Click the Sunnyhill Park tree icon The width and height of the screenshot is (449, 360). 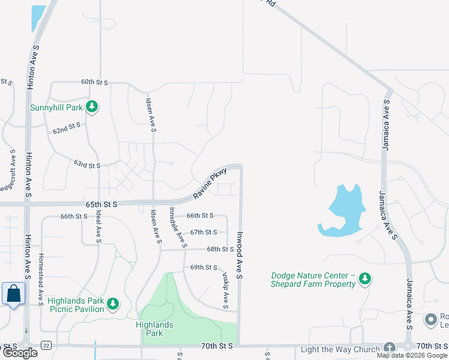tap(91, 107)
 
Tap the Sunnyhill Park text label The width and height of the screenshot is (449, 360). tap(57, 108)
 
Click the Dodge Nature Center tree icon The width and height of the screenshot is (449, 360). tap(364, 279)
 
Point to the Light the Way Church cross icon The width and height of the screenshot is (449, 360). tap(390, 348)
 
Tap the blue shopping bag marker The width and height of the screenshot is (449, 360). tap(13, 294)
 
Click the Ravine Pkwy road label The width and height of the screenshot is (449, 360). tap(209, 184)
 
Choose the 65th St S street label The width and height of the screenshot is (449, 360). tap(101, 204)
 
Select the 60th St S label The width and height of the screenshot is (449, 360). tap(94, 82)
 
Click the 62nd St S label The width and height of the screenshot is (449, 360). tap(67, 128)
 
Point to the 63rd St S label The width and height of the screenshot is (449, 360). tap(87, 164)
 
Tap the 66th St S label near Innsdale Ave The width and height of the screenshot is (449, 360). tap(200, 215)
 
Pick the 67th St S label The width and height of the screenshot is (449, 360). tap(203, 232)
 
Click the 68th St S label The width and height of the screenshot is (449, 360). tap(220, 249)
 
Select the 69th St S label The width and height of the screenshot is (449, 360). tap(203, 267)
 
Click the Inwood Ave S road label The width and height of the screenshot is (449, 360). tap(239, 254)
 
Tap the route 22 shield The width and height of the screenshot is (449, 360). tap(46, 344)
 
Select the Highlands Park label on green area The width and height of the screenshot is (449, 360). tap(154, 329)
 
